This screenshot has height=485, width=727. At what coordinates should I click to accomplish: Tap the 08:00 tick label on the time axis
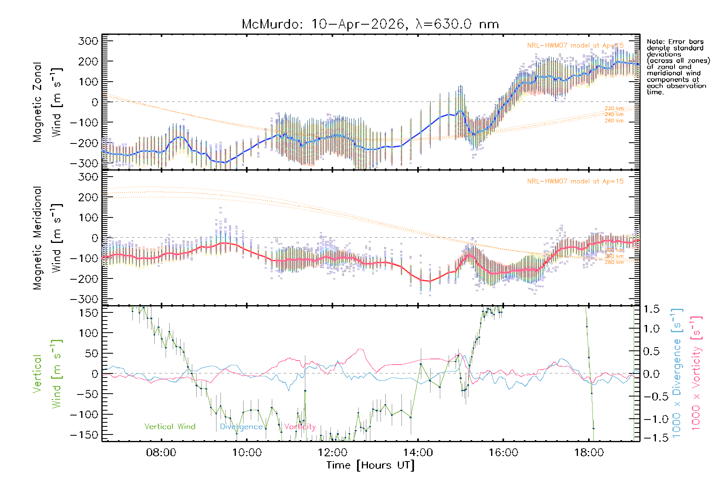pyautogui.click(x=161, y=453)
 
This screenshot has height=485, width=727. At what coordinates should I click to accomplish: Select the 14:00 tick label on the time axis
pyautogui.click(x=418, y=453)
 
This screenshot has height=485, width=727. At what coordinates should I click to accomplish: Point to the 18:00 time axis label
pyautogui.click(x=589, y=453)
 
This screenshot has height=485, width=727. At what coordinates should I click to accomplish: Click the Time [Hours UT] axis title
pyautogui.click(x=370, y=465)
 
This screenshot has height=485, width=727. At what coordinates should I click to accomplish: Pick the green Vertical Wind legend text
pyautogui.click(x=170, y=426)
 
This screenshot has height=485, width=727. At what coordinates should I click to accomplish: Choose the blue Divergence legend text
pyautogui.click(x=241, y=427)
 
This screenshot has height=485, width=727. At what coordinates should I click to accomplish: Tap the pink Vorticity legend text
pyautogui.click(x=300, y=427)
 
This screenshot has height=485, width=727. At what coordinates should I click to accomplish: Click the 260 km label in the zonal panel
pyautogui.click(x=614, y=121)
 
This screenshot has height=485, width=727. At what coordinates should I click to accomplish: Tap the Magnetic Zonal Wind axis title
pyautogui.click(x=47, y=102)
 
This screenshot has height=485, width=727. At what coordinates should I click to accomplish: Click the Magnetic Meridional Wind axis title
pyautogui.click(x=47, y=238)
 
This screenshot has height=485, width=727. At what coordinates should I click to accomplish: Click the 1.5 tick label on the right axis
pyautogui.click(x=651, y=309)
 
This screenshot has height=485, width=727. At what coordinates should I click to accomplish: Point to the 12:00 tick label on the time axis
pyautogui.click(x=332, y=453)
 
